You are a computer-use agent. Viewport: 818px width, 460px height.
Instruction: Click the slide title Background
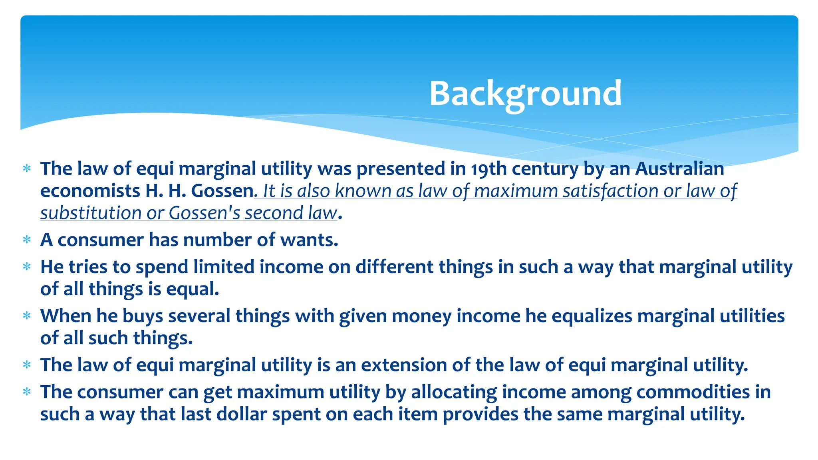coord(525,94)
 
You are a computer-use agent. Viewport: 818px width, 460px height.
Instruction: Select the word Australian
coord(679,169)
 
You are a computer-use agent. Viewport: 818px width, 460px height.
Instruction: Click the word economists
coord(90,191)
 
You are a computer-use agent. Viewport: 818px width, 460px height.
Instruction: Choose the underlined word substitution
coord(91,213)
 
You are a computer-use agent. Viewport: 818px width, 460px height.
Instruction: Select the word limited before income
coord(224,267)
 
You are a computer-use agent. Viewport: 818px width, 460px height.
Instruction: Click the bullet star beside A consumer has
coord(27,240)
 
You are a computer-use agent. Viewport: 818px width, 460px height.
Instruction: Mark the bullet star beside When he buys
coord(27,316)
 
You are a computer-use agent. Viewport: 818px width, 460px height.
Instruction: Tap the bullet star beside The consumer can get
coord(27,392)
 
